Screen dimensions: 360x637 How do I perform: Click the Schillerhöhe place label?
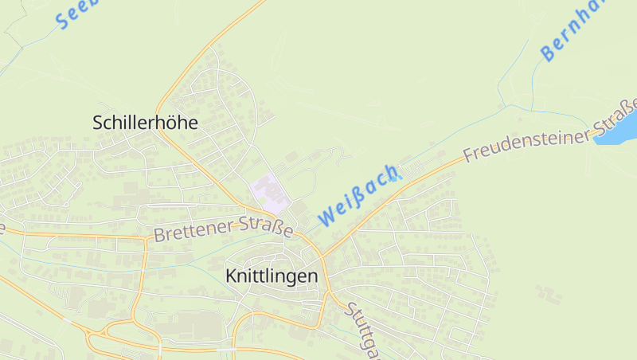(145, 123)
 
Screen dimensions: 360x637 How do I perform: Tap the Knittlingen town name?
(272, 276)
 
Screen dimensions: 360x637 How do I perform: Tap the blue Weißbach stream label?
(358, 194)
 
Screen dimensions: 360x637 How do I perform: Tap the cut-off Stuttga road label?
(363, 331)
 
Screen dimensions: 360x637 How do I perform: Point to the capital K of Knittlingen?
(231, 276)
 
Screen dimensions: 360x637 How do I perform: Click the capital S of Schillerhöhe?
(98, 123)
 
